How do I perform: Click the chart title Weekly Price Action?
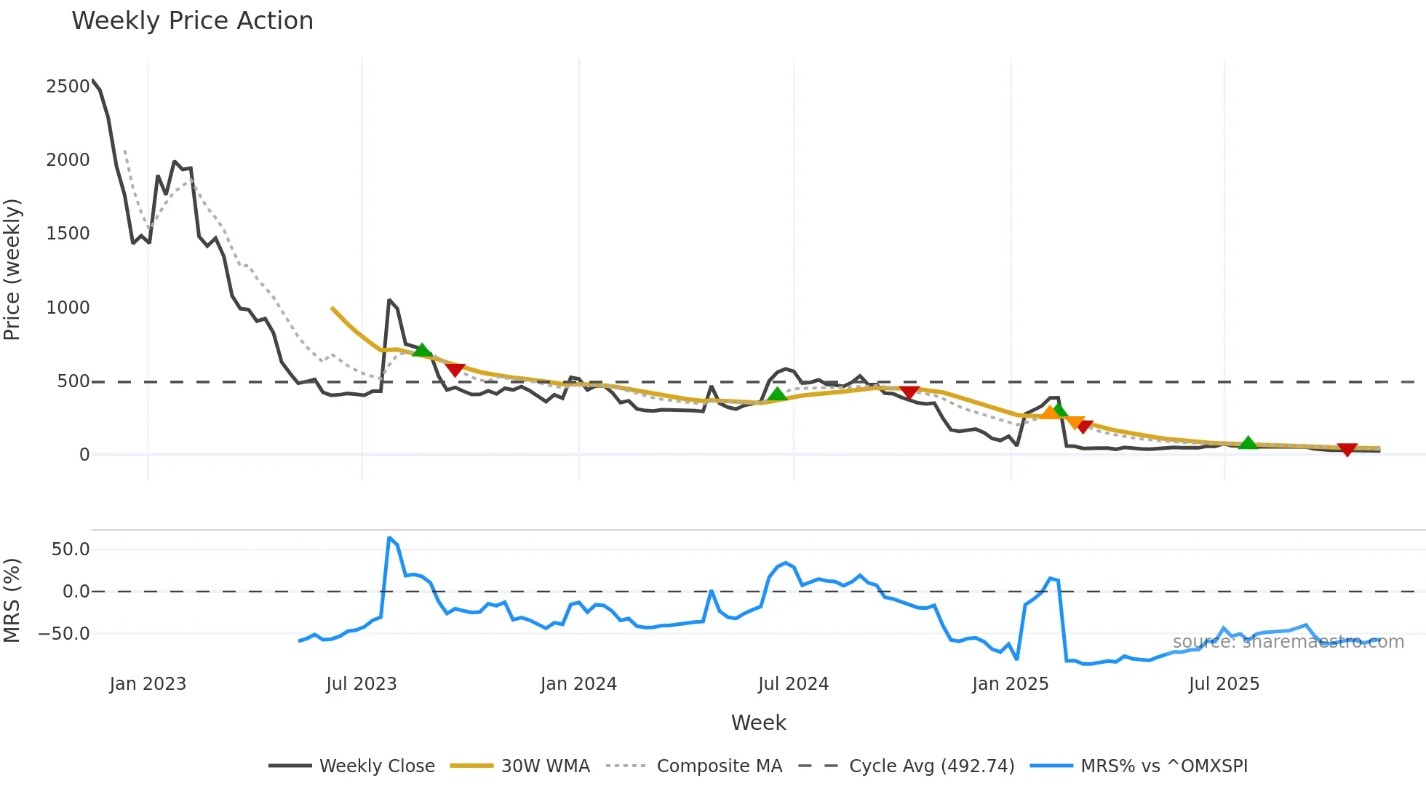click(192, 21)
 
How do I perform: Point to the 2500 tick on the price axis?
click(68, 87)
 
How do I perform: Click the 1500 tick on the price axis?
click(68, 234)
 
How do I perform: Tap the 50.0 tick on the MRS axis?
click(71, 549)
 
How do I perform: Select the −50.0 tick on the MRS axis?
click(64, 634)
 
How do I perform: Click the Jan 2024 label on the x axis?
click(578, 684)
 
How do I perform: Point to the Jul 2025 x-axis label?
click(1224, 684)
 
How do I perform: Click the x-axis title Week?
click(758, 723)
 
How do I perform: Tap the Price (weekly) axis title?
click(12, 269)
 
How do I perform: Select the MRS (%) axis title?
click(12, 600)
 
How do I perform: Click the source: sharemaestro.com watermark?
click(1288, 642)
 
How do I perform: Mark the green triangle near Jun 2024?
click(777, 394)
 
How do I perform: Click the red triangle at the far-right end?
click(1347, 450)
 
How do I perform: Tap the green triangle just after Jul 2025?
click(1248, 442)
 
